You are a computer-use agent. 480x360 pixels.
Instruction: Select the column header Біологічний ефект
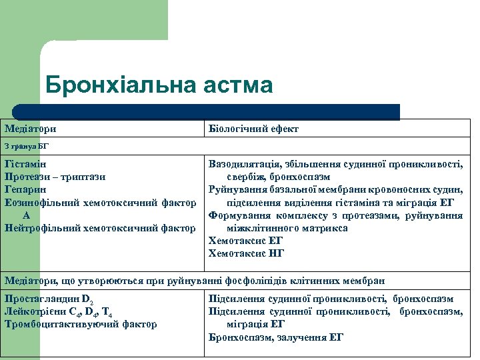[x=253, y=129]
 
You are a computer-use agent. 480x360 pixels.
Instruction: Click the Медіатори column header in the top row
[x=31, y=129]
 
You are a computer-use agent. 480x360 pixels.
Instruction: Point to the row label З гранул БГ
[x=27, y=145]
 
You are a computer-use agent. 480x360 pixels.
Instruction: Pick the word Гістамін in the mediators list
[x=25, y=163]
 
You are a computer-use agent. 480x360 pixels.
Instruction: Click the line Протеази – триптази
[x=55, y=177]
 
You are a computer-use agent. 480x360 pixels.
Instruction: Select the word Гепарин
[x=25, y=189]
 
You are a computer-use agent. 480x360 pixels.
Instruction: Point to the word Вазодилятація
[x=242, y=163]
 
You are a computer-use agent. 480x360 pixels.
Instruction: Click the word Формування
[x=238, y=215]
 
